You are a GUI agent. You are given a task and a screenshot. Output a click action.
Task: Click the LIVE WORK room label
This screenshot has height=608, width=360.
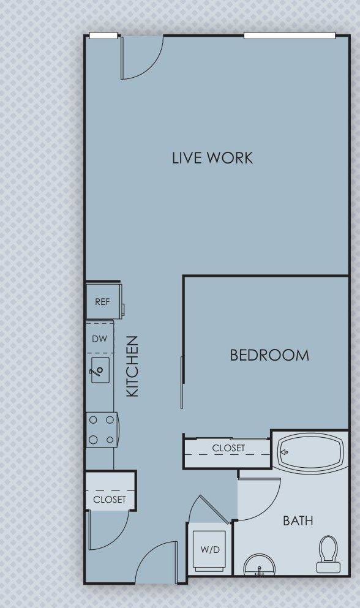click(x=212, y=157)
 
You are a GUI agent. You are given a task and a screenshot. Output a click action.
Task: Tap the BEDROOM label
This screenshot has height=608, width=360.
click(x=269, y=355)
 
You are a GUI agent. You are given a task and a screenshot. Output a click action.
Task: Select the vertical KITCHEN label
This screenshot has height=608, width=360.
click(x=132, y=366)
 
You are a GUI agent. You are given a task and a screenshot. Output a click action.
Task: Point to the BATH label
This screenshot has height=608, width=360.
click(x=298, y=521)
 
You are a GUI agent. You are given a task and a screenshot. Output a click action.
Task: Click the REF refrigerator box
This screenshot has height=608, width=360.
click(x=102, y=301)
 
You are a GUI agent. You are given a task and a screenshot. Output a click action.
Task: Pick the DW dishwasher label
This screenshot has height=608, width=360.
click(x=99, y=339)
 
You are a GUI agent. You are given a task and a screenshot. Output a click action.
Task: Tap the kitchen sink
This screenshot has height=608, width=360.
click(x=100, y=370)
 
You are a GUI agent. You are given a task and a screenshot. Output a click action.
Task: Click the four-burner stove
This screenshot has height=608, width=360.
click(x=101, y=430)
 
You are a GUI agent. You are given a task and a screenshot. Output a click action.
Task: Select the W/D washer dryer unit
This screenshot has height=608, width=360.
click(x=210, y=549)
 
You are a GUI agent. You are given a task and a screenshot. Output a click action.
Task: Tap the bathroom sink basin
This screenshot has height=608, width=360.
click(x=260, y=566)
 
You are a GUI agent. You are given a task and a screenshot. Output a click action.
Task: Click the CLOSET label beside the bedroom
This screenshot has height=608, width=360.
click(x=228, y=448)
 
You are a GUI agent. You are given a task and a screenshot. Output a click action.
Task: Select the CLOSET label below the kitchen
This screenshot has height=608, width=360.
click(x=110, y=499)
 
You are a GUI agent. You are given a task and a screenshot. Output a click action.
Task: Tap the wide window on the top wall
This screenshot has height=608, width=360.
click(x=289, y=36)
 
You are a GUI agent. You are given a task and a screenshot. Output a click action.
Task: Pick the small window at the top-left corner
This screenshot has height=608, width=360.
click(x=103, y=36)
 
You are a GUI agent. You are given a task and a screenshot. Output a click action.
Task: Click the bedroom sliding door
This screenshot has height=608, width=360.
click(x=182, y=383)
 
